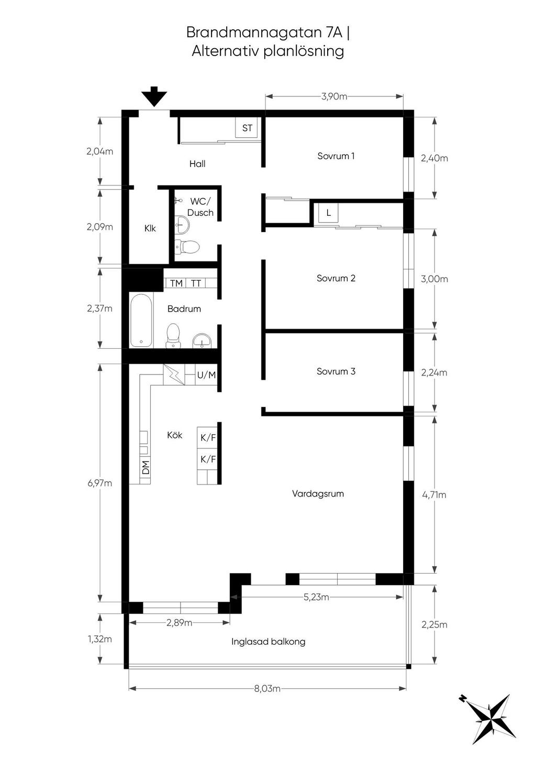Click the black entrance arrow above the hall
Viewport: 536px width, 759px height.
154,96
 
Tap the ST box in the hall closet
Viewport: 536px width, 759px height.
247,128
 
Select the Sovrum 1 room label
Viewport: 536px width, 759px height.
336,156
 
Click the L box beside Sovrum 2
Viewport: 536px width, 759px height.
328,213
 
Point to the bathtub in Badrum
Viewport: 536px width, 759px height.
141,320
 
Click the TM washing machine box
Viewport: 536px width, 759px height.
175,283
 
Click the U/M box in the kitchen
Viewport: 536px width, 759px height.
207,375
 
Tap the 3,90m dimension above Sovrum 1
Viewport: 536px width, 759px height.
334,96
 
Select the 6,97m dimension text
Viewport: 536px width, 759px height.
99,483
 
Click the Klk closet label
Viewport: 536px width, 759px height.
150,228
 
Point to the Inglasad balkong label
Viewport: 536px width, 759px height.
268,642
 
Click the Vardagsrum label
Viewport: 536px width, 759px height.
318,493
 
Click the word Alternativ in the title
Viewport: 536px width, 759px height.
226,51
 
